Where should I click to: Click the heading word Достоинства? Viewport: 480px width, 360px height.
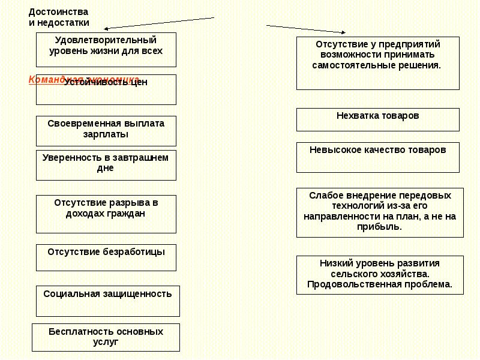[58, 12]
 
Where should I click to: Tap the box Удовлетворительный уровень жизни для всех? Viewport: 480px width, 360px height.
[106, 50]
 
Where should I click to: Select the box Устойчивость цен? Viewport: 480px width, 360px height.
[106, 89]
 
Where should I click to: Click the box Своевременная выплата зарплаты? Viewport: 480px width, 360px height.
[106, 130]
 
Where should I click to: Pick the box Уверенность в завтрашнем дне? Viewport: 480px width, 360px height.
[106, 165]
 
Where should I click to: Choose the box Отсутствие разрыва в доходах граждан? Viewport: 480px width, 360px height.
[106, 214]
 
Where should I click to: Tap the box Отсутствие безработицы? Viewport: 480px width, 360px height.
[106, 257]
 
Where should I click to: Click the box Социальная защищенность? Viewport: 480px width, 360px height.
[108, 301]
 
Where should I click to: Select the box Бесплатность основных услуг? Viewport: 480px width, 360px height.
[106, 337]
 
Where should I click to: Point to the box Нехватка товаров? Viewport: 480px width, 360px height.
[378, 119]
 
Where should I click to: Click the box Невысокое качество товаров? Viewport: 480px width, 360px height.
[378, 157]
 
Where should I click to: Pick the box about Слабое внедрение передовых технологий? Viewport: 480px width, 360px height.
[380, 212]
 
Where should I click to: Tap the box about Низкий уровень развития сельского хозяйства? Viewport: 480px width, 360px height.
[380, 274]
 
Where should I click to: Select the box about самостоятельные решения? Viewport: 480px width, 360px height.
[378, 63]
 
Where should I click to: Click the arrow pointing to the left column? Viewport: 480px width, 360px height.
[159, 23]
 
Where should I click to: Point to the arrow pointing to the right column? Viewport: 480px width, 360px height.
[306, 29]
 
